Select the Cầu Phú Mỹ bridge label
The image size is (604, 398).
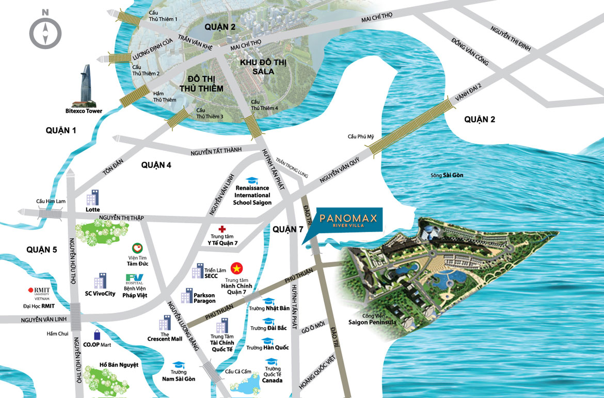[x=360, y=136]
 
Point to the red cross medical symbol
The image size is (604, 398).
[x=222, y=228]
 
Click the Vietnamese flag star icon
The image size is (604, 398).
[x=237, y=268]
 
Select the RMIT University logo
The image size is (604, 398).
[x=42, y=292]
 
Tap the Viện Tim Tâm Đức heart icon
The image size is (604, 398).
[x=136, y=249]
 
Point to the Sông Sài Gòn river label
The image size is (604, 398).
[x=447, y=175]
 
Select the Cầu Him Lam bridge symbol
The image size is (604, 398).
[x=50, y=212]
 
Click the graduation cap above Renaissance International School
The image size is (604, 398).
[x=252, y=180]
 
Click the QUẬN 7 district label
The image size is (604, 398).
[x=288, y=228]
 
